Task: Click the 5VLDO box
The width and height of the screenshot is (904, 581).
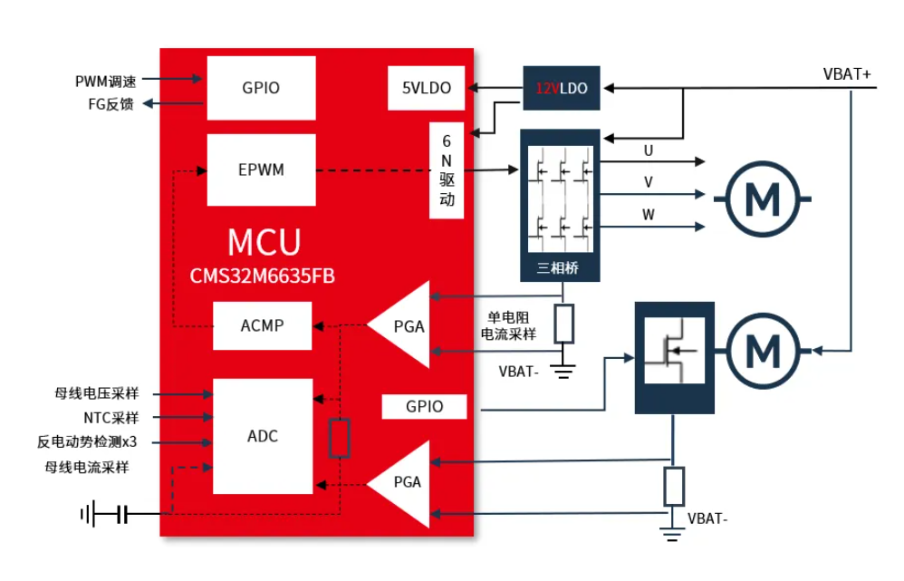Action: pyautogui.click(x=426, y=88)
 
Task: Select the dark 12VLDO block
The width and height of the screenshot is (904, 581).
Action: pyautogui.click(x=561, y=88)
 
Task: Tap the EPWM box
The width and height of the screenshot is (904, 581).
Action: pyautogui.click(x=261, y=169)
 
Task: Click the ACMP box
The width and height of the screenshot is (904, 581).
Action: pyautogui.click(x=263, y=325)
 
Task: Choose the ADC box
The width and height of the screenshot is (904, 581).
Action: pyautogui.click(x=263, y=436)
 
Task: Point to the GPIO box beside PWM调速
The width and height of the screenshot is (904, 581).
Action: pyautogui.click(x=261, y=88)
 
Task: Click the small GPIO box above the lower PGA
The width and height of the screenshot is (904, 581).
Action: pyautogui.click(x=424, y=406)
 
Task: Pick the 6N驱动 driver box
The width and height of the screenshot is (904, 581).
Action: pyautogui.click(x=447, y=170)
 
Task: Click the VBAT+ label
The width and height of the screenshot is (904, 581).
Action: pyautogui.click(x=846, y=74)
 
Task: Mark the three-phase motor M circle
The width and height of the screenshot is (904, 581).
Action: pyautogui.click(x=763, y=199)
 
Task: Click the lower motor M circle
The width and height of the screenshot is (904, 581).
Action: pyautogui.click(x=763, y=351)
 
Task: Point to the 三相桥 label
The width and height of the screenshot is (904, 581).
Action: pyautogui.click(x=557, y=267)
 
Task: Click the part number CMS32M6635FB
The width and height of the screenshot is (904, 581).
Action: pyautogui.click(x=263, y=276)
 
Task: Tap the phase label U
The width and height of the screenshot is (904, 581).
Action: pyautogui.click(x=649, y=150)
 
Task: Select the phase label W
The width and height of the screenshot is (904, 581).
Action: pyautogui.click(x=649, y=215)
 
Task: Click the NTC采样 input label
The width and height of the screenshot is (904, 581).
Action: pyautogui.click(x=111, y=418)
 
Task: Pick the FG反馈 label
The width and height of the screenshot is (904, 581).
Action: pyautogui.click(x=111, y=104)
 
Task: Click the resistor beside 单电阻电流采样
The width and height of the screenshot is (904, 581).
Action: pyautogui.click(x=563, y=324)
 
